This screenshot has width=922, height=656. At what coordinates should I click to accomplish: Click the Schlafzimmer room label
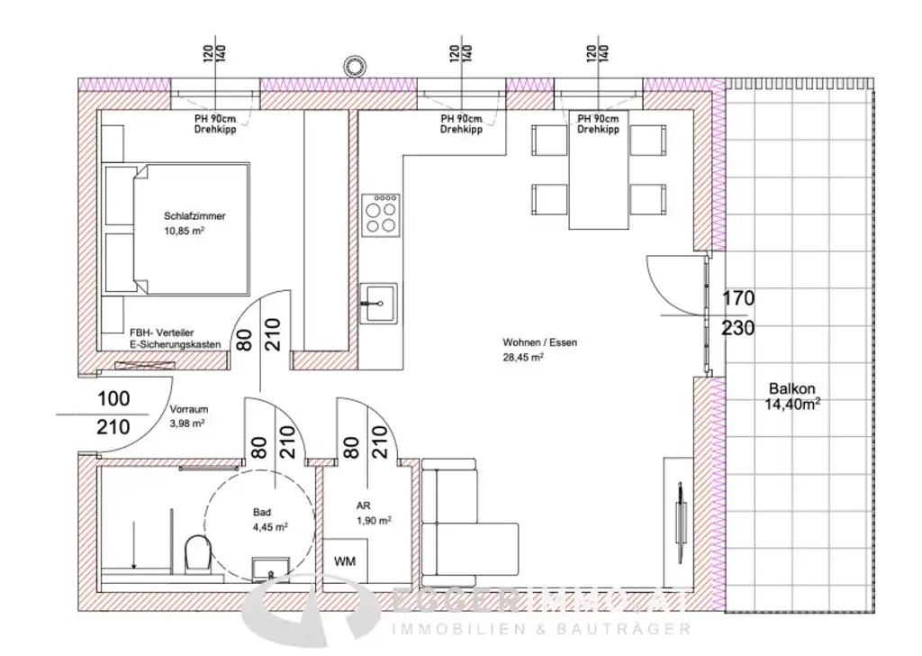pyautogui.click(x=194, y=216)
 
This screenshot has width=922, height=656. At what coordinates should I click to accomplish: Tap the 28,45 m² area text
pyautogui.click(x=523, y=356)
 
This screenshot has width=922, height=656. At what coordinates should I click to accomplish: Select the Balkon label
pyautogui.click(x=791, y=389)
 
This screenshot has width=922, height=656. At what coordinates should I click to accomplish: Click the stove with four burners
pyautogui.click(x=380, y=214)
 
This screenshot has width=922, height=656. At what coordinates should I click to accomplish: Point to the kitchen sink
pyautogui.click(x=378, y=301)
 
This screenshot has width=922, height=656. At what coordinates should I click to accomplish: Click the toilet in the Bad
pyautogui.click(x=195, y=553)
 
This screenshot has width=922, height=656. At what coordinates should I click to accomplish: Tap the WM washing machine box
pyautogui.click(x=344, y=560)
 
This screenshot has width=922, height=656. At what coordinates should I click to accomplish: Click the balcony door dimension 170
pyautogui.click(x=737, y=298)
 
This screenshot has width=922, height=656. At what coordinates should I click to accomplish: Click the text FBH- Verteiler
pyautogui.click(x=162, y=332)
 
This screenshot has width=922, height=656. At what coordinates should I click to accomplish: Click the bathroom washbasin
pyautogui.click(x=267, y=567)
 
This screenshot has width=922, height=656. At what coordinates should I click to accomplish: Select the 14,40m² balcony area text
pyautogui.click(x=792, y=405)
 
